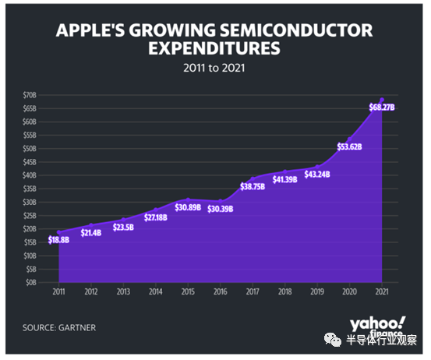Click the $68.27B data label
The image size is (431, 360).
382,108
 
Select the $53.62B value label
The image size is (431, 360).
349,146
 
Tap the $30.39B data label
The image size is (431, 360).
220,209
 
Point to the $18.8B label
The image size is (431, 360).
58,240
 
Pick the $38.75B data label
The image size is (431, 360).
253,186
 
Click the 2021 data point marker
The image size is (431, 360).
382,100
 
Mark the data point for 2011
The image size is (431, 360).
58,232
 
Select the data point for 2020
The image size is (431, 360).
350,139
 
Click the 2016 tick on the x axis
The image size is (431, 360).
220,291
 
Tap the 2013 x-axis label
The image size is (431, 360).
123,291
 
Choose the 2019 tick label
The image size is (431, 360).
317,291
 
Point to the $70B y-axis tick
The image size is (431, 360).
30,95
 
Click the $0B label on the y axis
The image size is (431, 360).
31,282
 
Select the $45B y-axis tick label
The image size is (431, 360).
30,162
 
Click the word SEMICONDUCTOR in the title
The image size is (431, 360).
296,30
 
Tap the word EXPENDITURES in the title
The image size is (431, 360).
214,48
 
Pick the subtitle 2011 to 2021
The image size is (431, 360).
214,68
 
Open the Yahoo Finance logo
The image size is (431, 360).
378,326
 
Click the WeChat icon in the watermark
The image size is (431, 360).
333,340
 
